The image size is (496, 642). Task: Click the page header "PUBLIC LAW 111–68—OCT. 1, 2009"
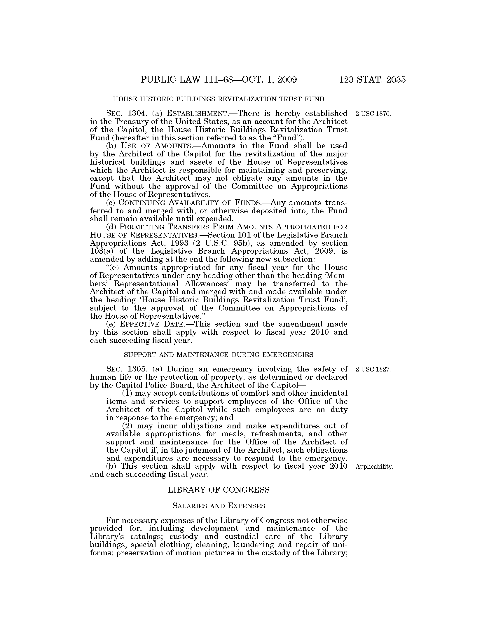pyautogui.click(x=219, y=80)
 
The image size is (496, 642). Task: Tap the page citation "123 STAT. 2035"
pyautogui.click(x=372, y=80)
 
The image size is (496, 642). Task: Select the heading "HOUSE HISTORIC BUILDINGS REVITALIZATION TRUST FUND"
pyautogui.click(x=219, y=99)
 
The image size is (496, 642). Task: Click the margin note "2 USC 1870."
pyautogui.click(x=373, y=114)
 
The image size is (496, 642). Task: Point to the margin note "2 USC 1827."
pyautogui.click(x=373, y=369)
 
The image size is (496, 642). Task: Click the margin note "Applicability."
pyautogui.click(x=374, y=467)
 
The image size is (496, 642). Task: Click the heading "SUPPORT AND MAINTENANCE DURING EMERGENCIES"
pyautogui.click(x=219, y=355)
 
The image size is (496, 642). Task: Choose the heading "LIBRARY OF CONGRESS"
pyautogui.click(x=219, y=490)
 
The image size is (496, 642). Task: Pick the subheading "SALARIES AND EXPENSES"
pyautogui.click(x=219, y=506)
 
